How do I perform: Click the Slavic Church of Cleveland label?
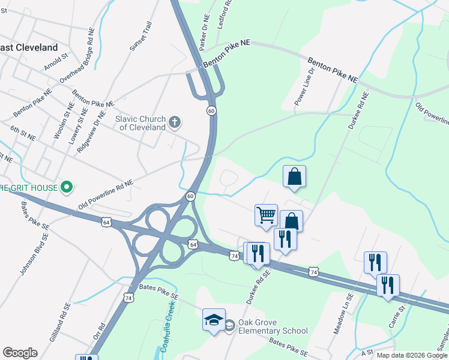click(140, 123)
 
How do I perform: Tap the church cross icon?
click(175, 123)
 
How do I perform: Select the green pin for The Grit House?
click(67, 188)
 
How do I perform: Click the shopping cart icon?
click(266, 215)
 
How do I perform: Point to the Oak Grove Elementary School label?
click(273, 326)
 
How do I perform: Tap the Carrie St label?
click(397, 316)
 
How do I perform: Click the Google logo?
click(20, 353)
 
